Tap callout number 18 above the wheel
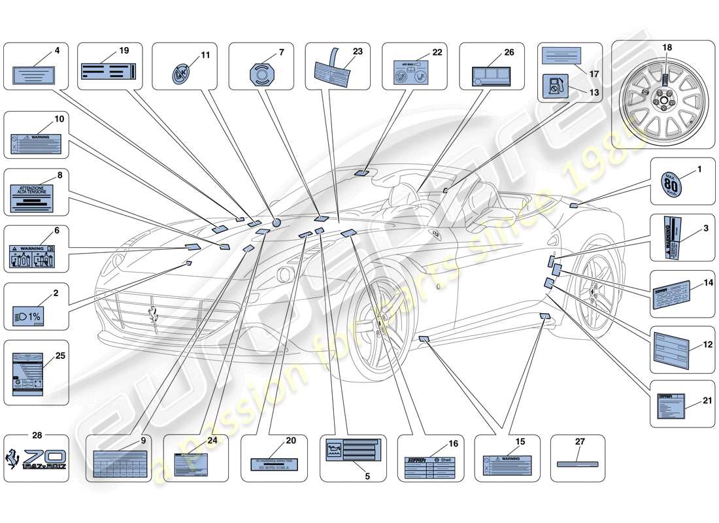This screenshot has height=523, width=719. click(x=667, y=48)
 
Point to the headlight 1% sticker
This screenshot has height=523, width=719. click(x=28, y=314)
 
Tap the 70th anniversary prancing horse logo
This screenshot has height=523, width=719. click(x=36, y=458)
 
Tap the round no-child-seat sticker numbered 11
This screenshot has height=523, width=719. click(x=179, y=73)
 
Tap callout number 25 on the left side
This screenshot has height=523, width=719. click(x=60, y=355)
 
